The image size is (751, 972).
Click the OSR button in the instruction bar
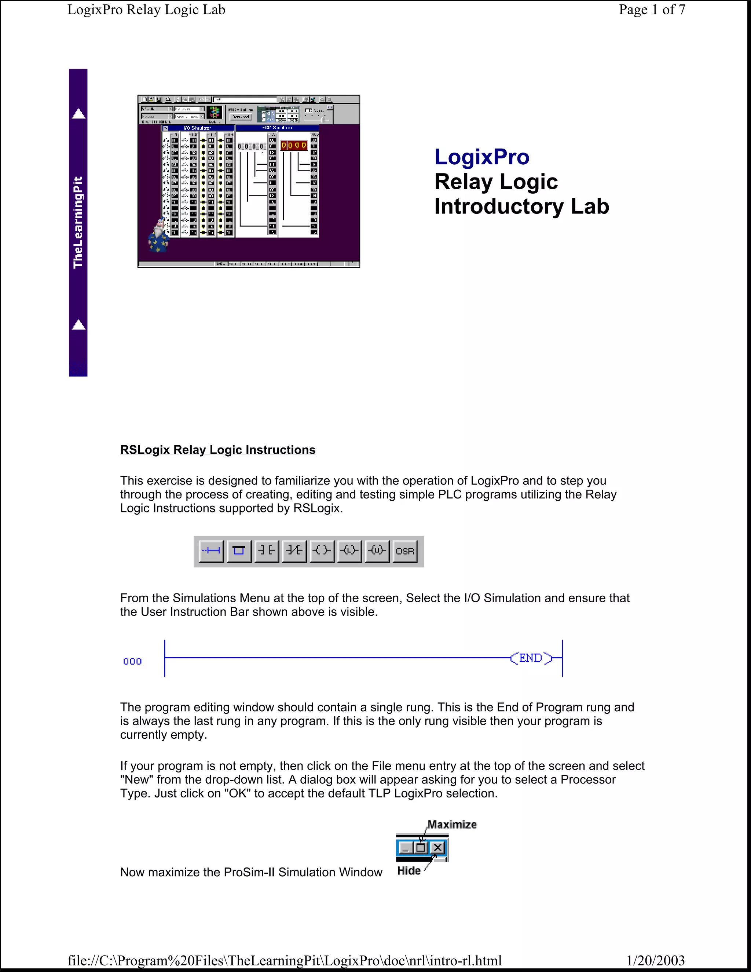pyautogui.click(x=405, y=551)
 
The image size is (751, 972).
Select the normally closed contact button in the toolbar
pyautogui.click(x=294, y=551)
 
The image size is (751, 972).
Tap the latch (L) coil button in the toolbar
pyautogui.click(x=349, y=551)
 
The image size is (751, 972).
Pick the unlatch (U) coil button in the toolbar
pyautogui.click(x=377, y=551)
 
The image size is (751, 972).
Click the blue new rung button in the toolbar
pyautogui.click(x=211, y=551)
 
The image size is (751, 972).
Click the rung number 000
pyautogui.click(x=132, y=661)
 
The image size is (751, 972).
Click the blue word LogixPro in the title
pyautogui.click(x=482, y=157)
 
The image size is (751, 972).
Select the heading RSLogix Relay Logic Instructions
pyautogui.click(x=217, y=450)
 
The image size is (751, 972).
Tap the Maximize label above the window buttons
pyautogui.click(x=452, y=824)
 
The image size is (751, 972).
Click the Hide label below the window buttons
pyautogui.click(x=409, y=870)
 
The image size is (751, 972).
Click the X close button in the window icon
pyautogui.click(x=438, y=847)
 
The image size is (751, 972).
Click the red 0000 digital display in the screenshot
pyautogui.click(x=294, y=146)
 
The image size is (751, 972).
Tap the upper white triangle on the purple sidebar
pyautogui.click(x=78, y=114)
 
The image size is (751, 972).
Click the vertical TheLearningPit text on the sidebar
pyautogui.click(x=78, y=223)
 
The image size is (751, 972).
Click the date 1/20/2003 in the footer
pyautogui.click(x=655, y=960)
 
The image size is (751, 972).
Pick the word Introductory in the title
pyautogui.click(x=499, y=207)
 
